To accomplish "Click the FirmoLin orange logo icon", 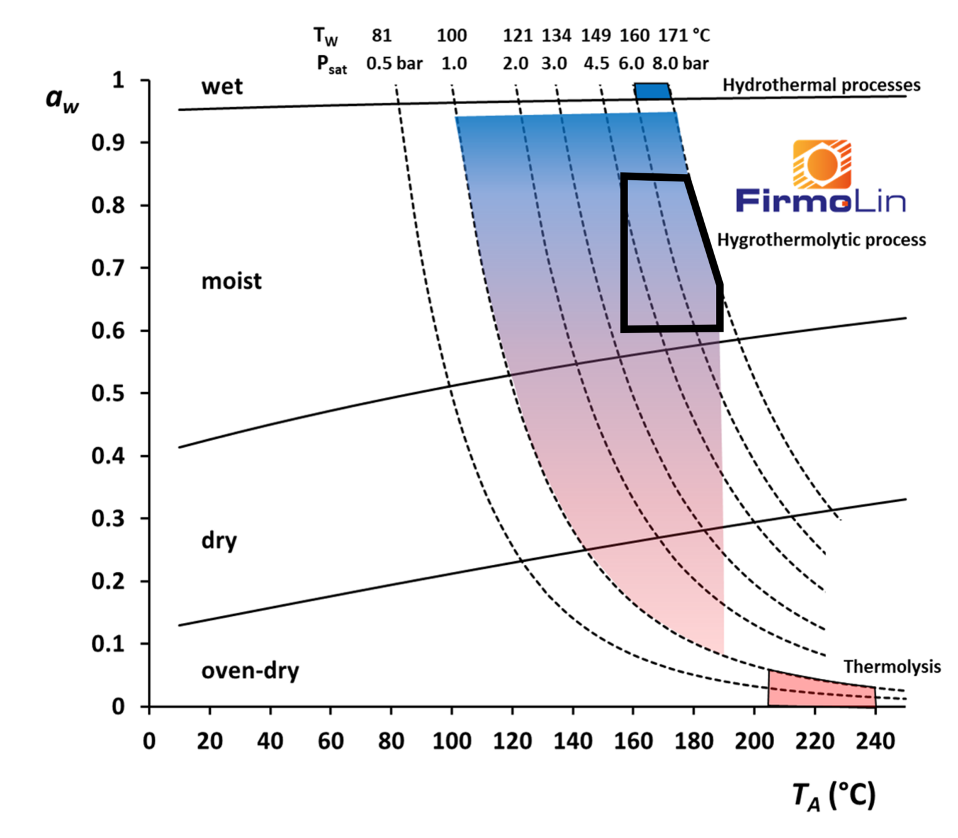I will (x=822, y=165).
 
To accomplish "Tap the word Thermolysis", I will (x=892, y=667).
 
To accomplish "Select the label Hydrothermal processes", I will (x=821, y=85).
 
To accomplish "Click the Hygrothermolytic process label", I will (x=821, y=240).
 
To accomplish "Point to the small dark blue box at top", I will (x=652, y=91).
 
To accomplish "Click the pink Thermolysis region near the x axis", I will (x=820, y=691).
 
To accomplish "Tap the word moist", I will (x=231, y=281).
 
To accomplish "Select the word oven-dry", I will (x=250, y=671).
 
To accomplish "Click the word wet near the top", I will (x=222, y=86).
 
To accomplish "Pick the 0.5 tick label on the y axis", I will (x=107, y=393).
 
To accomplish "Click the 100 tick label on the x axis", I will (x=452, y=741).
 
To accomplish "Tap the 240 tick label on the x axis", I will (x=875, y=741).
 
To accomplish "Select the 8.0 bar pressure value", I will (x=680, y=64).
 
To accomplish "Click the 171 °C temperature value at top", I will (x=684, y=36).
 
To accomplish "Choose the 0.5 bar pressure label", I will (x=394, y=64).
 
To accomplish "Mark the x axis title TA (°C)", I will (x=834, y=797).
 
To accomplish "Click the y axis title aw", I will (x=62, y=100).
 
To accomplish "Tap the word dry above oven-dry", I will (x=219, y=541).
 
